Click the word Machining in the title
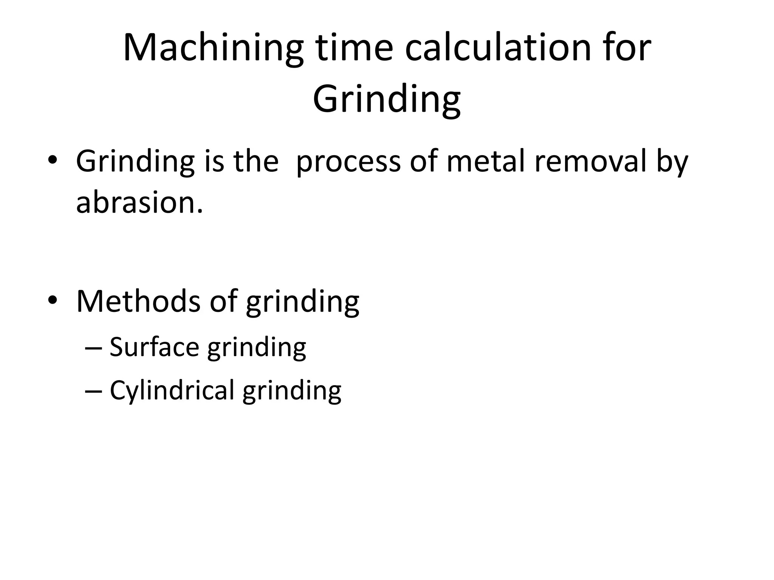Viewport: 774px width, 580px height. click(x=213, y=48)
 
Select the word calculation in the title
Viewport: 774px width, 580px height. click(x=498, y=48)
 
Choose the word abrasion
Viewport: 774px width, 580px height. click(x=139, y=202)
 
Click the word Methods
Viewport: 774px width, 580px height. click(x=138, y=301)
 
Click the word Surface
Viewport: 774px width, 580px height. click(x=154, y=347)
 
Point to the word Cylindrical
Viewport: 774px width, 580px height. click(x=172, y=390)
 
